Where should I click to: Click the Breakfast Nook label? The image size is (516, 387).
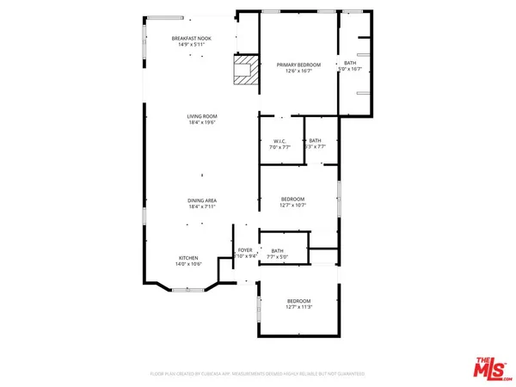pos(191,39)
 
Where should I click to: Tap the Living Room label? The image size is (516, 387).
pos(202,116)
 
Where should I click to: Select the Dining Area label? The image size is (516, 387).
pos(202,200)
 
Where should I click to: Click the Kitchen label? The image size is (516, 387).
pos(189,257)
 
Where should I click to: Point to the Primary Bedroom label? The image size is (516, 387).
pos(298,64)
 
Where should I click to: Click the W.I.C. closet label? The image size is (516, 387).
pos(279,141)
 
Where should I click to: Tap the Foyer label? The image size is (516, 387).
pos(245,249)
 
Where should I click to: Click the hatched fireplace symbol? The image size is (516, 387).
pos(246,70)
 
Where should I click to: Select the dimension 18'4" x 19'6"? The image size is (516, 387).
pos(202,123)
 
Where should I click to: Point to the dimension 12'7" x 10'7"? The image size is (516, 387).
pos(292,206)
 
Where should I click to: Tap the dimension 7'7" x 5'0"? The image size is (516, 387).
pos(278,256)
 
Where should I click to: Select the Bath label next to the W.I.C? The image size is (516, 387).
pos(316,140)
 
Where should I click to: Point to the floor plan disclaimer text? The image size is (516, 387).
pos(257,374)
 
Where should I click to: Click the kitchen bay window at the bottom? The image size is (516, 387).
pos(188,291)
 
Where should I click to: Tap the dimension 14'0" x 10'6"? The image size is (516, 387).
pos(189,264)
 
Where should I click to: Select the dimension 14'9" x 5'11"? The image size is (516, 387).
pos(191,46)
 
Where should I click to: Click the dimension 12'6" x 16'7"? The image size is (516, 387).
pos(298,71)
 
